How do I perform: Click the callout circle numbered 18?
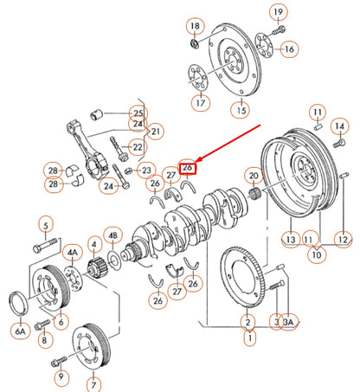click(x=195, y=25)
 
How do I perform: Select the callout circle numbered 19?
click(x=277, y=12)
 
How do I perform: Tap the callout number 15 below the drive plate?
click(x=240, y=110)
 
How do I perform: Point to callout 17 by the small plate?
click(x=200, y=103)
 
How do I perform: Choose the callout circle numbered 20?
click(x=253, y=176)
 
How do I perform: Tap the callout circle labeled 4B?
click(x=112, y=235)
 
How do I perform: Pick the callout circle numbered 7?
click(x=93, y=383)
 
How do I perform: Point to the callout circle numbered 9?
click(x=60, y=376)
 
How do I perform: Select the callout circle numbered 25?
click(x=138, y=113)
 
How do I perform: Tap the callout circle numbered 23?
click(x=146, y=170)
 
